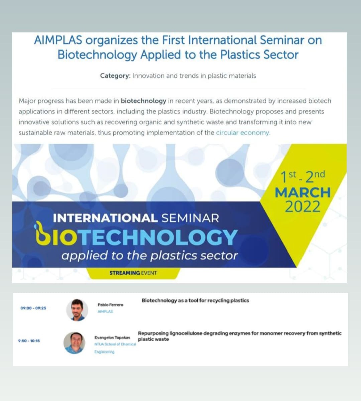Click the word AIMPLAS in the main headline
[58, 40]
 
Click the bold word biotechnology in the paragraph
[143, 101]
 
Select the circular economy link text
[243, 133]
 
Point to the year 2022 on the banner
[303, 207]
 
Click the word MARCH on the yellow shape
[303, 192]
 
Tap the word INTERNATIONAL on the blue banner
[105, 218]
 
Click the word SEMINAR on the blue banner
[190, 218]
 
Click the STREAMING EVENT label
[133, 273]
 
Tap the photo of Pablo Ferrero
[77, 310]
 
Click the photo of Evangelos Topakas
[74, 343]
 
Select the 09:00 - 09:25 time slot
[33, 308]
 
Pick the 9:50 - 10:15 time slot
[29, 341]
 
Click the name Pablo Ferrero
[110, 305]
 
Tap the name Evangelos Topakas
[112, 337]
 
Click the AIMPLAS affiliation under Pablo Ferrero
[105, 311]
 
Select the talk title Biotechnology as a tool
[195, 300]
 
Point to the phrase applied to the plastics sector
[149, 256]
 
